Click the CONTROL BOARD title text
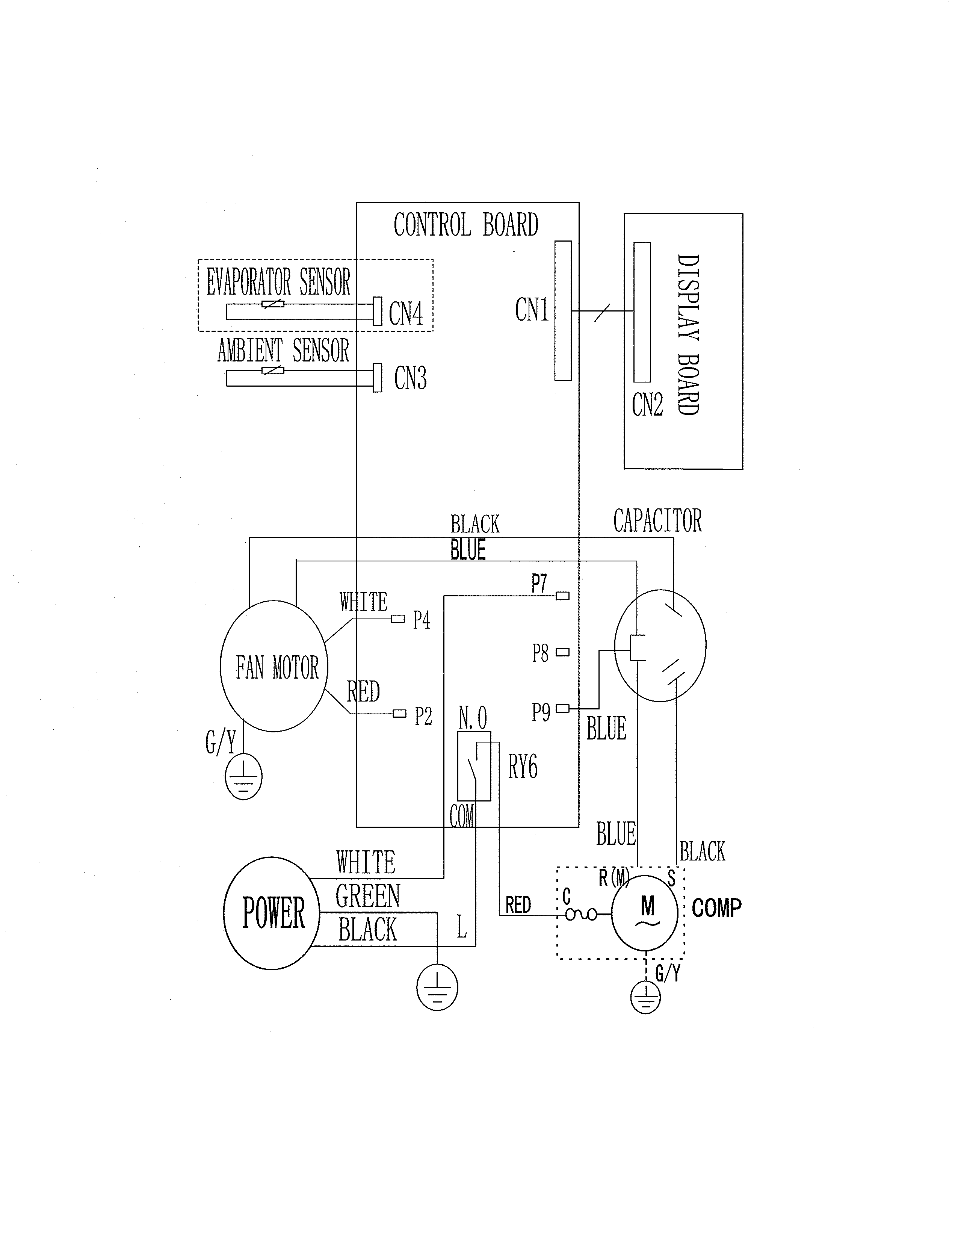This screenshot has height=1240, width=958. [x=466, y=225]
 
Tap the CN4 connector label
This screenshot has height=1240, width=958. [x=406, y=313]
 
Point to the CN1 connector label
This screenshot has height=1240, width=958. [x=532, y=310]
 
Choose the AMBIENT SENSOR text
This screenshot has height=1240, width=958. [x=283, y=350]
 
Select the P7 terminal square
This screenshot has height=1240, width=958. [x=562, y=596]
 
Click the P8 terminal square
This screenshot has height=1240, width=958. [x=562, y=652]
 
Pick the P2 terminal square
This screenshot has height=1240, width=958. [x=400, y=714]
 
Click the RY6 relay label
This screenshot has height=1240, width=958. [x=522, y=768]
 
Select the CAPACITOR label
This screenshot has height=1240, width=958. [x=657, y=521]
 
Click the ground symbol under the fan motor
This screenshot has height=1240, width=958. [x=244, y=777]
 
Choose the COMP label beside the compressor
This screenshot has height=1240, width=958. [x=716, y=908]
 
